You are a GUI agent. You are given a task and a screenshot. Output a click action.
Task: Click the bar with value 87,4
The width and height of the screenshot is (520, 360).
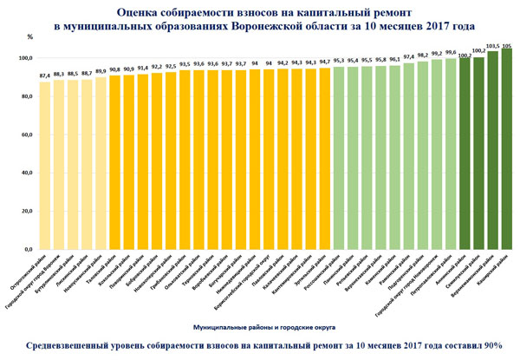[45, 165]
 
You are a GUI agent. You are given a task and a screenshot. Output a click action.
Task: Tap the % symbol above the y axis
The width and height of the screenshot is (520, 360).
[29, 38]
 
